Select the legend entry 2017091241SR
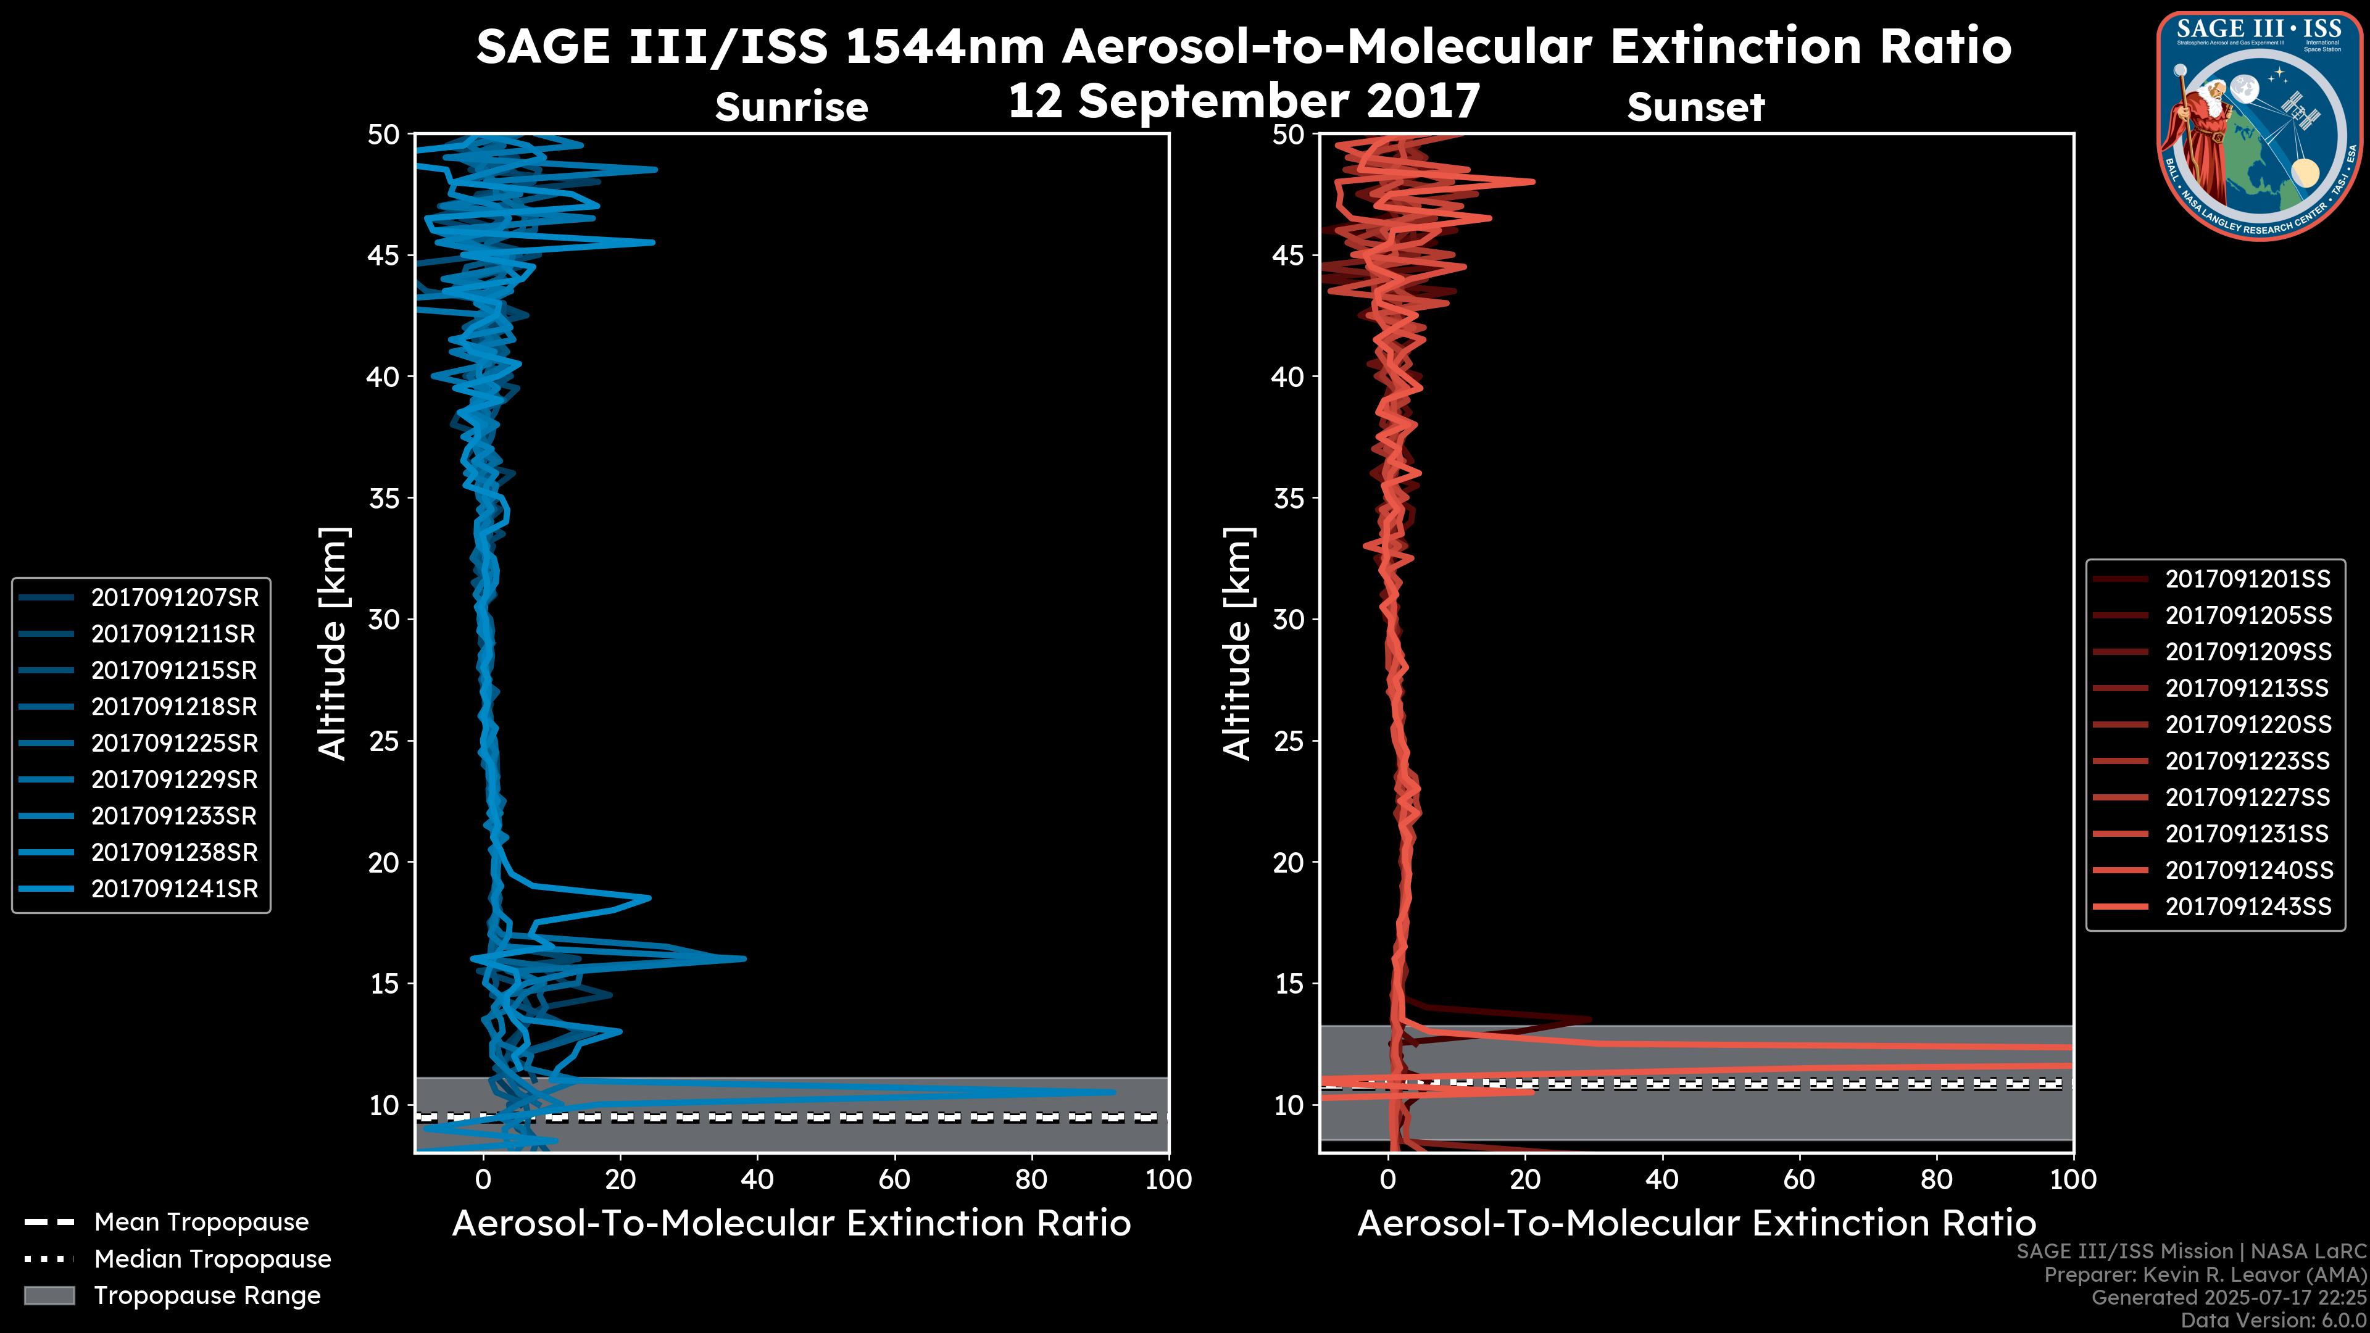[x=174, y=889]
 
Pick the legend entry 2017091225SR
[x=174, y=743]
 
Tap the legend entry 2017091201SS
[x=2247, y=579]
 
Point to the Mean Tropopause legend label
[x=201, y=1223]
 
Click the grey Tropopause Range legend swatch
[x=49, y=1295]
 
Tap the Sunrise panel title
[x=791, y=107]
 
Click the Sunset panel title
[x=1695, y=107]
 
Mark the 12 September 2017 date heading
[x=1244, y=101]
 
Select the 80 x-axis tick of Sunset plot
[x=1937, y=1179]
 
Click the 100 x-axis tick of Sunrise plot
[x=1168, y=1179]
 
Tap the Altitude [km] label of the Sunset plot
[x=1237, y=644]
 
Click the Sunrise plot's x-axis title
[x=791, y=1224]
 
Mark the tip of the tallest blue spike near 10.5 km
[x=1113, y=1092]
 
